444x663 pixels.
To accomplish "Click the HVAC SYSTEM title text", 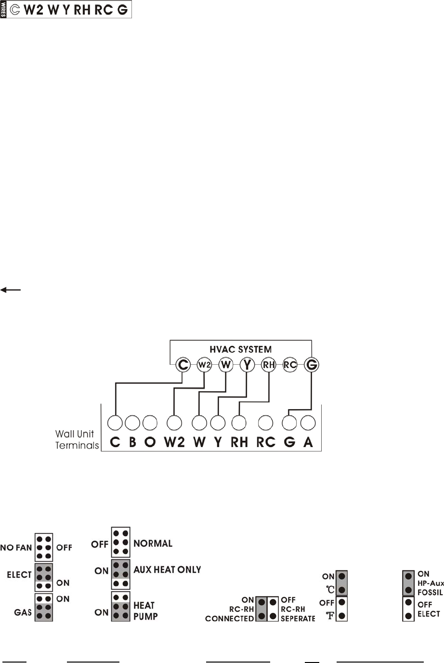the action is [240, 349].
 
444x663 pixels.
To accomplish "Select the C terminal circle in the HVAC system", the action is [183, 365].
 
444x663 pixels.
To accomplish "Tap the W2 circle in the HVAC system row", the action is [204, 365].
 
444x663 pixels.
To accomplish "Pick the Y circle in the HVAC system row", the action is [247, 365].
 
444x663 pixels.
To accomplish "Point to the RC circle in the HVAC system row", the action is [290, 365].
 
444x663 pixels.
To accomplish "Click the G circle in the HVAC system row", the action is [312, 365].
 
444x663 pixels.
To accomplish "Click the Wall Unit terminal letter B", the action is [132, 442].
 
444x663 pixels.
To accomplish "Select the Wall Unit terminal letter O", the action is [150, 442].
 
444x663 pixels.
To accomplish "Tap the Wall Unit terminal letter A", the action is [308, 442].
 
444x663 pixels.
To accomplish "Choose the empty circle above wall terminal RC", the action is [266, 423].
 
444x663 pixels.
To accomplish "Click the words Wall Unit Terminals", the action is [77, 439].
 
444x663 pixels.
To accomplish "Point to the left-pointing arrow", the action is [11, 290].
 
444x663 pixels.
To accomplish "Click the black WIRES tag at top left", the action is [4, 10].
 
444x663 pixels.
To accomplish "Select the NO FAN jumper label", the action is [16, 547].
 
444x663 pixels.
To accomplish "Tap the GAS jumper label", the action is [23, 612].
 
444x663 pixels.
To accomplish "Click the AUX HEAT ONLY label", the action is [167, 570].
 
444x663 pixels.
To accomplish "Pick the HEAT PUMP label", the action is [145, 610].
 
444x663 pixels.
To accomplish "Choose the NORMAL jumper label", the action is [153, 544].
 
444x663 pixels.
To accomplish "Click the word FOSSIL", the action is [430, 592].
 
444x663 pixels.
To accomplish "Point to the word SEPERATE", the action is [298, 619].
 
